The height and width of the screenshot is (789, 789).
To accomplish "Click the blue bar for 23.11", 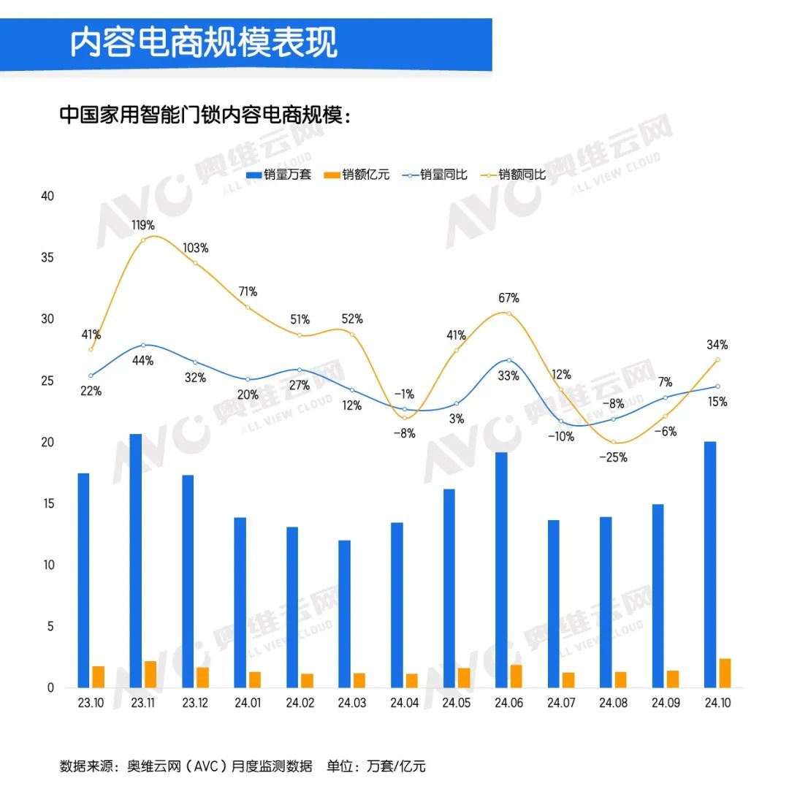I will (136, 560).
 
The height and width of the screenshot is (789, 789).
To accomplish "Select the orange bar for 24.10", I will (725, 673).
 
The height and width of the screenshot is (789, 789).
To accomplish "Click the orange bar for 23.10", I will (99, 676).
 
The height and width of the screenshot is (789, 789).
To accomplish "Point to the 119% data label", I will (143, 225).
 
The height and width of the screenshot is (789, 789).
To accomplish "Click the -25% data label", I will (614, 458).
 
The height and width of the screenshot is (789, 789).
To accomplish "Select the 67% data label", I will (509, 298).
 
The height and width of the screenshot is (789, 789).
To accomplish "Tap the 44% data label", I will (143, 361).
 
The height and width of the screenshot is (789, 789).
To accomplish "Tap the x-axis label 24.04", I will (404, 704).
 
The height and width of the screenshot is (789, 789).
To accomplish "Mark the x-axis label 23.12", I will (195, 704).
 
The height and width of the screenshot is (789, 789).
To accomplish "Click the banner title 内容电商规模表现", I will (204, 43).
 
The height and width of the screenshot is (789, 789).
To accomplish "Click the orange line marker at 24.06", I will (508, 313).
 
